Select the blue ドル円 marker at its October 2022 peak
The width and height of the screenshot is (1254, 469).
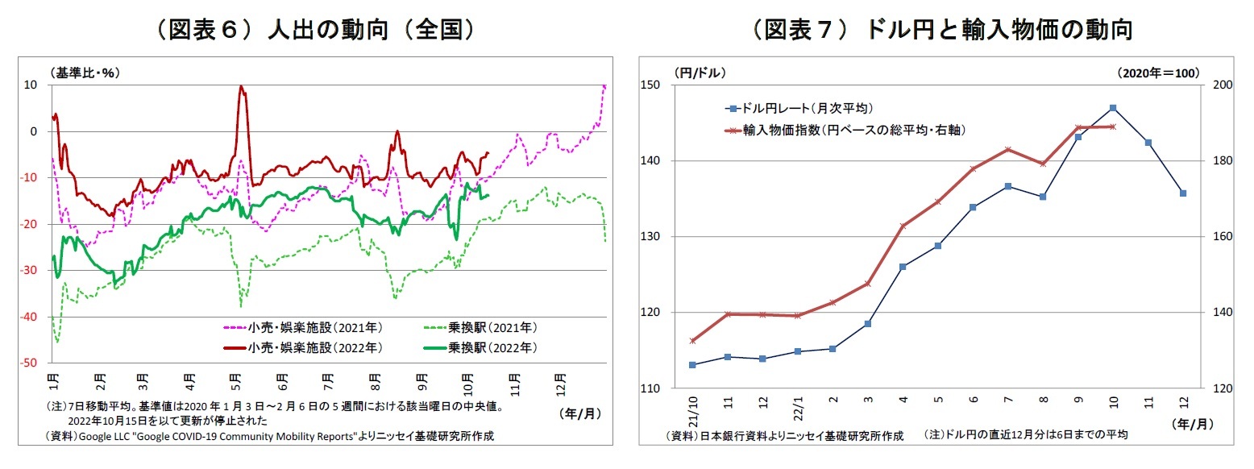pos(1113,108)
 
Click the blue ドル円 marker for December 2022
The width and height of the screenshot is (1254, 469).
pos(1182,193)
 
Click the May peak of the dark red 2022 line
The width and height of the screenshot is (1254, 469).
pos(241,86)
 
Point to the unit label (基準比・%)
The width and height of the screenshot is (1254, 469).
pos(84,73)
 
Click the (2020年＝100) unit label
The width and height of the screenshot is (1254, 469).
pos(1159,73)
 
